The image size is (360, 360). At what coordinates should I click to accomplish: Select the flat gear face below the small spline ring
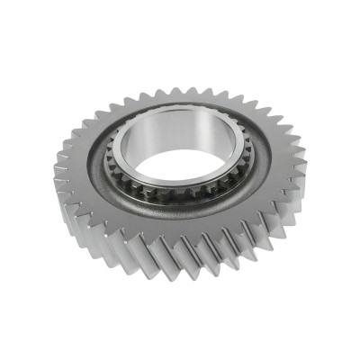[175, 220]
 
